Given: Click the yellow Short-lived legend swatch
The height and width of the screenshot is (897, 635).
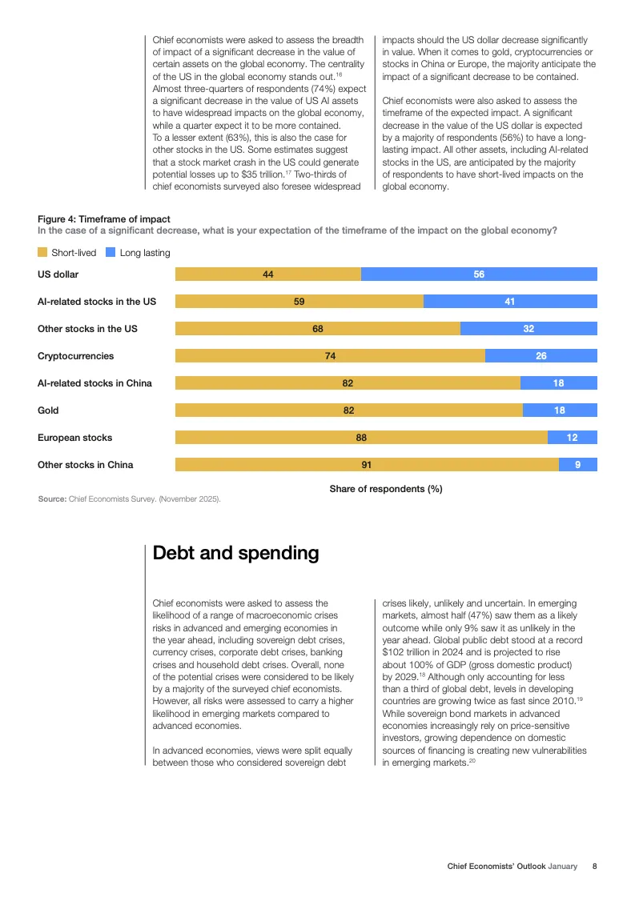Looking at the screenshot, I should tap(42, 253).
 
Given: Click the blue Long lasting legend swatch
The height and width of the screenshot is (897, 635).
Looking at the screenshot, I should tap(111, 253).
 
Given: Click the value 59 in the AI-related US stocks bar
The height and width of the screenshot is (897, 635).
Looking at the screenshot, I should tap(299, 302).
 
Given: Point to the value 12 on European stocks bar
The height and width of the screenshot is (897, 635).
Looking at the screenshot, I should tap(572, 438).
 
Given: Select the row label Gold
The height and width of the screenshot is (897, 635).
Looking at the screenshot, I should tap(48, 410).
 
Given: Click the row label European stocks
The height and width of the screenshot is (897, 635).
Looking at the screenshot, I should tap(75, 438).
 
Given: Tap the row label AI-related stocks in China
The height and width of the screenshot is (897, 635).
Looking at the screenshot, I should tap(94, 383).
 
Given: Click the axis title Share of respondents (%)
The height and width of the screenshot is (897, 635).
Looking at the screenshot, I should tap(386, 489).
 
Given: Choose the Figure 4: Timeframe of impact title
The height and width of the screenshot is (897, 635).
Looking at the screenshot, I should tap(103, 219).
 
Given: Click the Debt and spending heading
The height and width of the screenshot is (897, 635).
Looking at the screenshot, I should tap(235, 553).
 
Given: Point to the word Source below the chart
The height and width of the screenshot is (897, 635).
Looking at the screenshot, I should tap(52, 499).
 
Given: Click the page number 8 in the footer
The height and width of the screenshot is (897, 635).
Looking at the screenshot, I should tap(594, 867).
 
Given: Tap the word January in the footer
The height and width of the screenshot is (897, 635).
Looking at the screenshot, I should tap(562, 867).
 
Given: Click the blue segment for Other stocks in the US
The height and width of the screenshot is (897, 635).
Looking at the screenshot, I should tap(528, 329).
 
